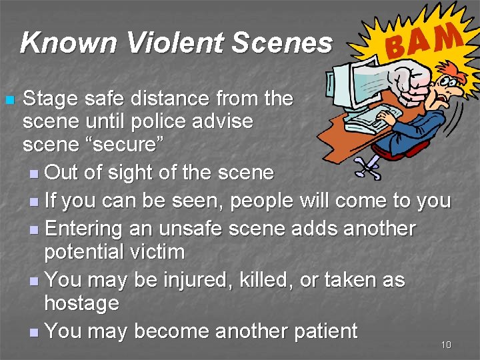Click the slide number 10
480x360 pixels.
coord(446,345)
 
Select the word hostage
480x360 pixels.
coord(81,303)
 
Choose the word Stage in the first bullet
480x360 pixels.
coord(51,99)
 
